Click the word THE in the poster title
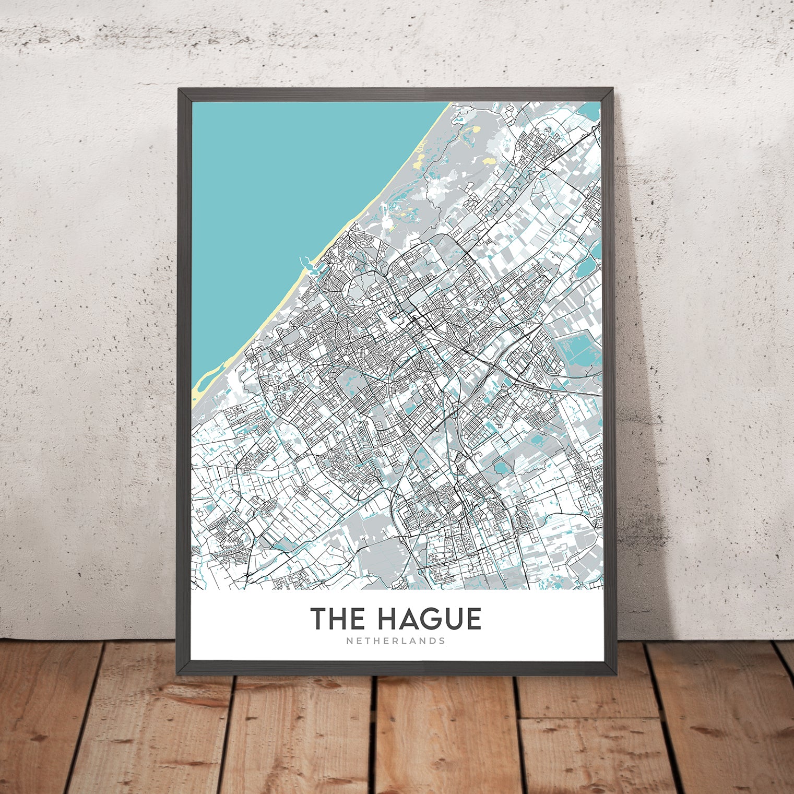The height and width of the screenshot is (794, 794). [x=337, y=619]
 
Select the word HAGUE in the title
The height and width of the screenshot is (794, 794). [x=429, y=619]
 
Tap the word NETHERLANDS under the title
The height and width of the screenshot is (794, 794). [x=396, y=641]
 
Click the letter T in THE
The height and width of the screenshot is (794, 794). [x=319, y=619]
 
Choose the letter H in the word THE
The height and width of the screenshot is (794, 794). [x=337, y=619]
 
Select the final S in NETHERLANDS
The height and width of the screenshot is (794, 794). [x=442, y=641]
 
